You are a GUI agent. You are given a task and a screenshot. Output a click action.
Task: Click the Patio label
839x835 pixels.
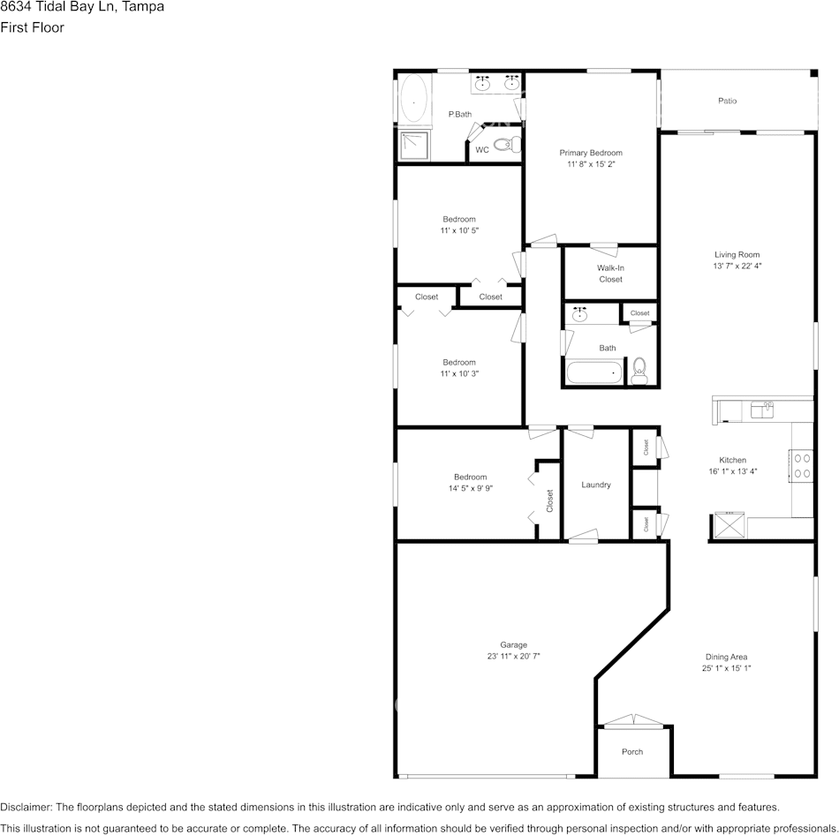pos(727,101)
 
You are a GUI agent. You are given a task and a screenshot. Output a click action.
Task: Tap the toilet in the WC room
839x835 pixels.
pos(505,145)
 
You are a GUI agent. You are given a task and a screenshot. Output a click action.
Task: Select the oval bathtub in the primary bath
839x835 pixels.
pos(413,100)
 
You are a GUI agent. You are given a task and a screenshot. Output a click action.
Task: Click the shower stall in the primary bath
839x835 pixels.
pos(413,145)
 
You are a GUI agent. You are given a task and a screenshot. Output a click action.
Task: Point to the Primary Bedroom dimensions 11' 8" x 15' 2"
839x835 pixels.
pos(591,164)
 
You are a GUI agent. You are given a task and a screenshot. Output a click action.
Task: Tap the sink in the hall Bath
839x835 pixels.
pos(580,314)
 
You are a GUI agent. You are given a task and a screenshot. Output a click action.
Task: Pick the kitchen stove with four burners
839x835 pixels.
pos(802,465)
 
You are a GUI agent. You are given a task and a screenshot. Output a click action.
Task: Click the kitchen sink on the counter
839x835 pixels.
pos(761,409)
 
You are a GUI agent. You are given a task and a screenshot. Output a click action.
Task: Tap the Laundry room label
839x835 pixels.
pos(596,485)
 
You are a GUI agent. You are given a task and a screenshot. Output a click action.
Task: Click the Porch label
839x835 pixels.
pos(632,752)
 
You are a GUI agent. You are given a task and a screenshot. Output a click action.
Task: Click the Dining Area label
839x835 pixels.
pos(726,657)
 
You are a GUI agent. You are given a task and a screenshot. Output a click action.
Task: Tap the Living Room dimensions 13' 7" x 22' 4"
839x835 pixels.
pos(737,266)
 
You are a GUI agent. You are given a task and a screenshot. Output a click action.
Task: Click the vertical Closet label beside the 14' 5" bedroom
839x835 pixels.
pos(549,501)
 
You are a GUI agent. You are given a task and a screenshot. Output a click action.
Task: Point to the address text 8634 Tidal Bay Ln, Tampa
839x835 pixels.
pos(81,7)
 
